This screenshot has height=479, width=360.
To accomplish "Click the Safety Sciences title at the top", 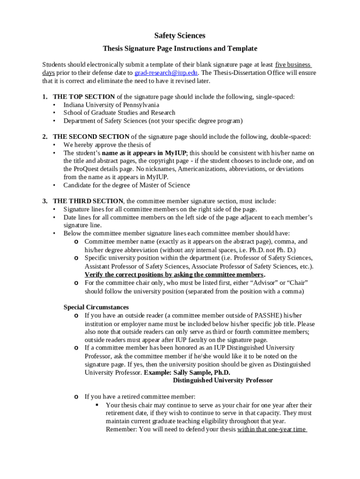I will (180, 36).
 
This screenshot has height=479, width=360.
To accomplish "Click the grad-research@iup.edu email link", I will (166, 73).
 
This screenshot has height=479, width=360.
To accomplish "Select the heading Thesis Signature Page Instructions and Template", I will (180, 49).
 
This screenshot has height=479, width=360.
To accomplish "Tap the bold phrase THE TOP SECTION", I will (84, 97).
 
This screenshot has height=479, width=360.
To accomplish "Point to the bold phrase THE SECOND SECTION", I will (91, 137).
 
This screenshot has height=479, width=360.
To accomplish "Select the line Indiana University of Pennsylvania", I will (111, 105).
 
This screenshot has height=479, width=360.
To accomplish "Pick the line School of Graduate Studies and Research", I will (119, 113).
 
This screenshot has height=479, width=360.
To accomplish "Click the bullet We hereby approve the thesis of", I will (107, 145).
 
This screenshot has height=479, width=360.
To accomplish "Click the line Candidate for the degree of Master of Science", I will (127, 185).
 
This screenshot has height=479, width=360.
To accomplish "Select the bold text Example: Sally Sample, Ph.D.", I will (187, 372).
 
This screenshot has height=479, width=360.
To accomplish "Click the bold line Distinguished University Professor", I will (223, 380).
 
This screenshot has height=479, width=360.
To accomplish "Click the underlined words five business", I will (293, 65).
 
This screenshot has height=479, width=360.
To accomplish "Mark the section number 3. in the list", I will (45, 201).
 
